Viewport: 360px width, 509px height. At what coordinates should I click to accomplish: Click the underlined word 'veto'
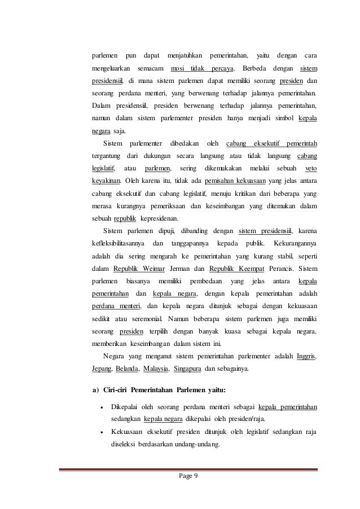(310, 169)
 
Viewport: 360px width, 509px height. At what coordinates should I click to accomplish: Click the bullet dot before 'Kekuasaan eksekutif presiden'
(100, 432)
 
